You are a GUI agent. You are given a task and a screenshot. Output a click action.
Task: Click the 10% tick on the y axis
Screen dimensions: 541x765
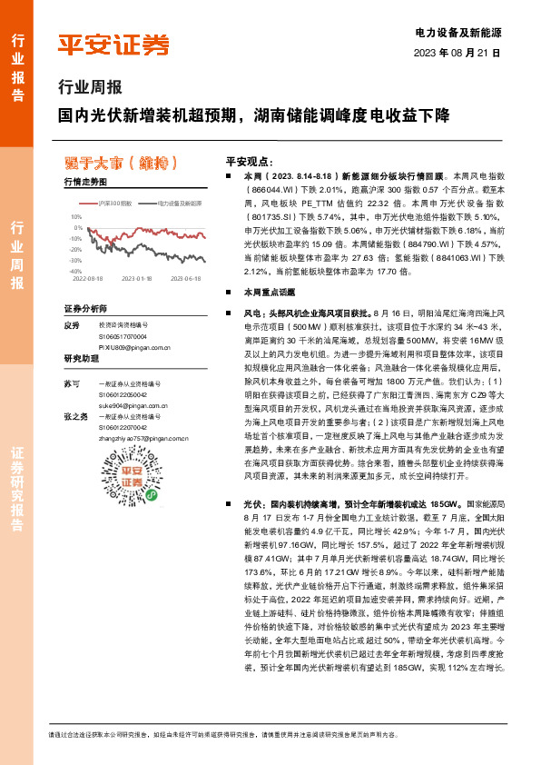(x=76, y=217)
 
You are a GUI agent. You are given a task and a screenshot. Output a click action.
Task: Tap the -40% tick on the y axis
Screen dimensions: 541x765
(x=75, y=271)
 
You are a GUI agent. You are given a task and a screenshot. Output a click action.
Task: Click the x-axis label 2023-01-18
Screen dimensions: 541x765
(x=137, y=279)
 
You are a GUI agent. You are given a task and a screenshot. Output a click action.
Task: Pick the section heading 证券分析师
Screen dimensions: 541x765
(x=85, y=308)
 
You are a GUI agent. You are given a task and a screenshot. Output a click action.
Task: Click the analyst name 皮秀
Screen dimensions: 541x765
(x=72, y=324)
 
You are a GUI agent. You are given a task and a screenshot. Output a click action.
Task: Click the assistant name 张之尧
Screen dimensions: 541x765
(x=75, y=416)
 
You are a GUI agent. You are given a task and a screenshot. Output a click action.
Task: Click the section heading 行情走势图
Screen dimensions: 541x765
(x=85, y=182)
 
